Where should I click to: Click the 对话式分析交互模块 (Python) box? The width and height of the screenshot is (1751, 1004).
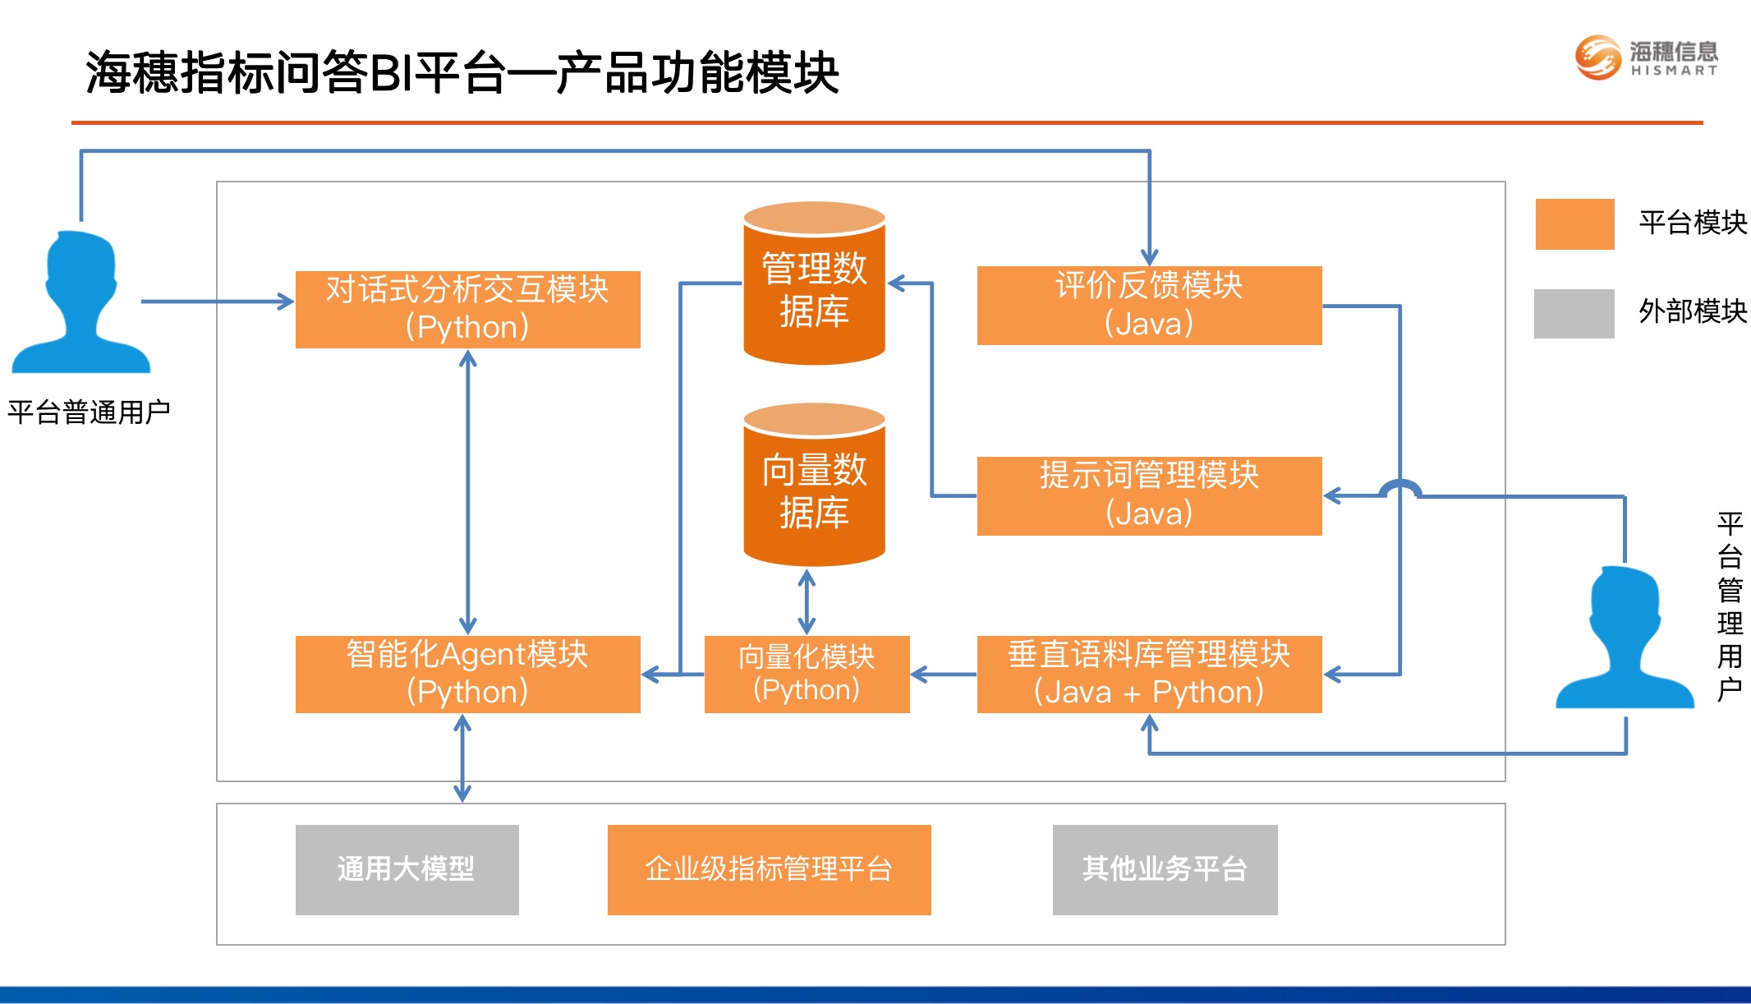(467, 310)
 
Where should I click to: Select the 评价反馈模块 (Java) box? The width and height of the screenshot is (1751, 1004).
(1149, 306)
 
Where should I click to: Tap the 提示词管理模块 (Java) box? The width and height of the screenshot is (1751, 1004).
(1149, 496)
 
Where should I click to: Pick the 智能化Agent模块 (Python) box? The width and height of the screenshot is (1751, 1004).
(467, 675)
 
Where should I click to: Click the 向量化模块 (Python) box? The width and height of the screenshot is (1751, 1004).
(807, 675)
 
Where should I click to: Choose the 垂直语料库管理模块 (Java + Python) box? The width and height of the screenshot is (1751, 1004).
(1149, 675)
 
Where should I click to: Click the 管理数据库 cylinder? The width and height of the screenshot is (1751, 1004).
(814, 283)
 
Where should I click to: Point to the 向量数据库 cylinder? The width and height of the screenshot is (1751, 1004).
(814, 485)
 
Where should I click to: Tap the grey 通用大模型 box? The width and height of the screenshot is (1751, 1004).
(407, 870)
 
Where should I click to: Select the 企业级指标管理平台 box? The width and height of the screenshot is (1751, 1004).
(769, 870)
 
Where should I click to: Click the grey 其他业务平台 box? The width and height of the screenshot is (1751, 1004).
(1165, 870)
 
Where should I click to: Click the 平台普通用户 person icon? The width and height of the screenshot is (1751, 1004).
(80, 302)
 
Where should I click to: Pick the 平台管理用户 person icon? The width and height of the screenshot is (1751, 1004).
(1625, 637)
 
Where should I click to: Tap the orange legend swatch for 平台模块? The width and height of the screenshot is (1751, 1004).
(1574, 223)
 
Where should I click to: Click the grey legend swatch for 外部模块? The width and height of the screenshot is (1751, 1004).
(1574, 313)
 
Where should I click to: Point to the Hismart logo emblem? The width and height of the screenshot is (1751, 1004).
(1597, 58)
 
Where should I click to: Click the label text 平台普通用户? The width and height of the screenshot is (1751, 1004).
(89, 412)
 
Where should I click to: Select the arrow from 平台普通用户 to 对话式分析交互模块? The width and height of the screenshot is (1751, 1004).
(218, 302)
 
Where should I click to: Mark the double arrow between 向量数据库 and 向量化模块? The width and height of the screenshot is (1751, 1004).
(807, 602)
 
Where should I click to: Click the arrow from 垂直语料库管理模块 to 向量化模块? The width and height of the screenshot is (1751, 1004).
(944, 675)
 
